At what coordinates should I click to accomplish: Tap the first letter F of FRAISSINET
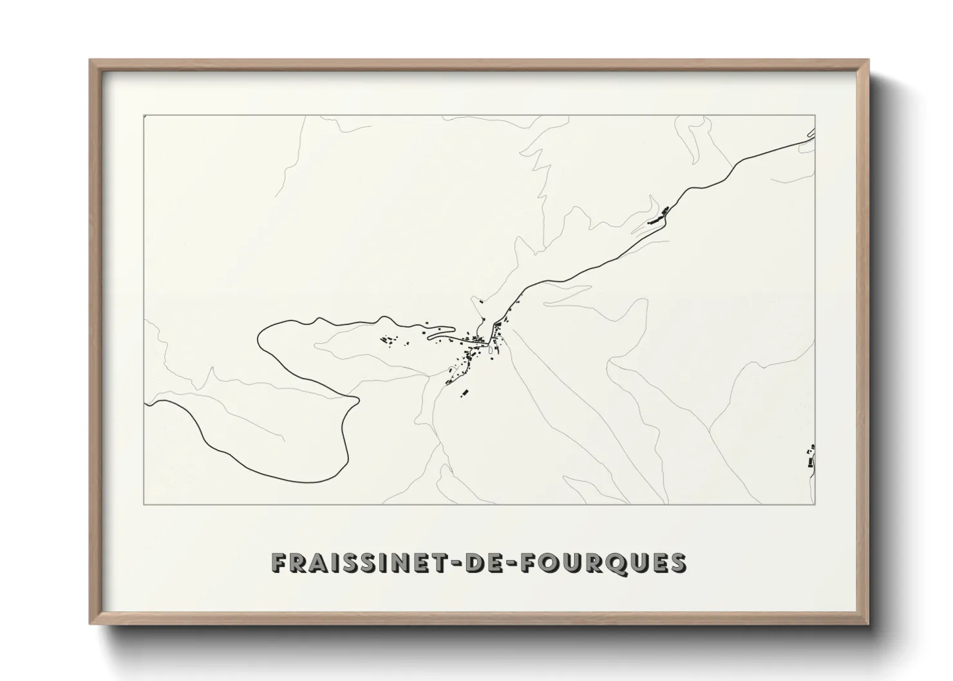coord(279,563)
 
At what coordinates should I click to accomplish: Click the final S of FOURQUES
coord(677,563)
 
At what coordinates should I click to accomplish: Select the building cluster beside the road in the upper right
coord(659,216)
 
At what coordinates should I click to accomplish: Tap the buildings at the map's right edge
coord(811,458)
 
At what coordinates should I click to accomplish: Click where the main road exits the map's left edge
coord(146,404)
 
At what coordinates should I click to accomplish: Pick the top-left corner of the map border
coord(144,115)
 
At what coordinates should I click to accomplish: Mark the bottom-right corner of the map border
coord(815,505)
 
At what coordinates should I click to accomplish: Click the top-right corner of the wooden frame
coord(868,61)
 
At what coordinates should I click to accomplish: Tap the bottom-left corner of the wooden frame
coord(90,624)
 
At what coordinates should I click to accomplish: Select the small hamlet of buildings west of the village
coord(388,340)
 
